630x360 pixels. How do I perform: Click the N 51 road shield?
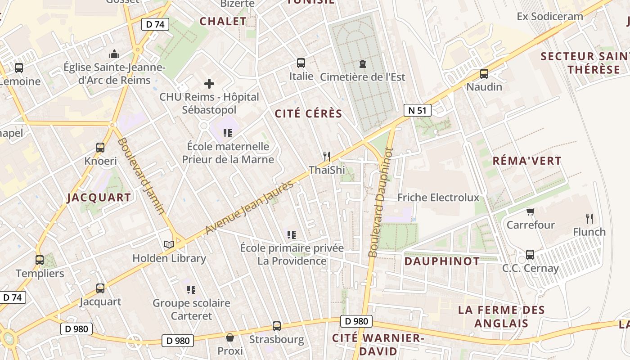(x=417, y=110)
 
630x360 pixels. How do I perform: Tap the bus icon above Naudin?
(x=484, y=73)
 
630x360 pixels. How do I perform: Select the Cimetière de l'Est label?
(x=362, y=77)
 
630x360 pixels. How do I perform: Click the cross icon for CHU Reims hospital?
(x=209, y=83)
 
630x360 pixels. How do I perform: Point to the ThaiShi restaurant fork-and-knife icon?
(x=327, y=157)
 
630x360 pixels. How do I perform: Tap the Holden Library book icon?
(x=169, y=244)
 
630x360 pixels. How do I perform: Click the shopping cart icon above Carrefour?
(x=530, y=211)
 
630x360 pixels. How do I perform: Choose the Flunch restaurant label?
(x=589, y=232)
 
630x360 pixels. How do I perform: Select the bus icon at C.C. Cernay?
(x=530, y=255)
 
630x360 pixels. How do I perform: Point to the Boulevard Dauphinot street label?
(x=380, y=202)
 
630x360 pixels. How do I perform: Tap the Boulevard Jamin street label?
(x=141, y=176)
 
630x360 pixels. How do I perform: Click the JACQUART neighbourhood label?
(x=99, y=197)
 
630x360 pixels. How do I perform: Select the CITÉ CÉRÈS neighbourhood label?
(x=309, y=114)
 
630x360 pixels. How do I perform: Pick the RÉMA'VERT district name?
(x=527, y=161)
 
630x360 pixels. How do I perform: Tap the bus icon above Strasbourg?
(x=277, y=326)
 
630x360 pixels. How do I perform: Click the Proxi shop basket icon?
(x=230, y=337)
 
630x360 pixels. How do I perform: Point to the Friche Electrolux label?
(x=438, y=197)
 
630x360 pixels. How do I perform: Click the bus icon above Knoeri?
(x=100, y=148)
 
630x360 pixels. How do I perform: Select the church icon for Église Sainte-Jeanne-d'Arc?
(x=114, y=54)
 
